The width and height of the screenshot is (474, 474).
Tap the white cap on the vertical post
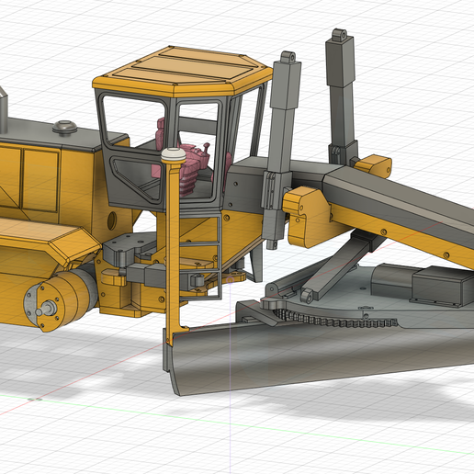click(x=172, y=157)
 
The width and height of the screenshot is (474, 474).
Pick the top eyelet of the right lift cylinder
click(x=340, y=36)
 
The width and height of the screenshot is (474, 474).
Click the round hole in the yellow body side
click(x=111, y=220)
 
